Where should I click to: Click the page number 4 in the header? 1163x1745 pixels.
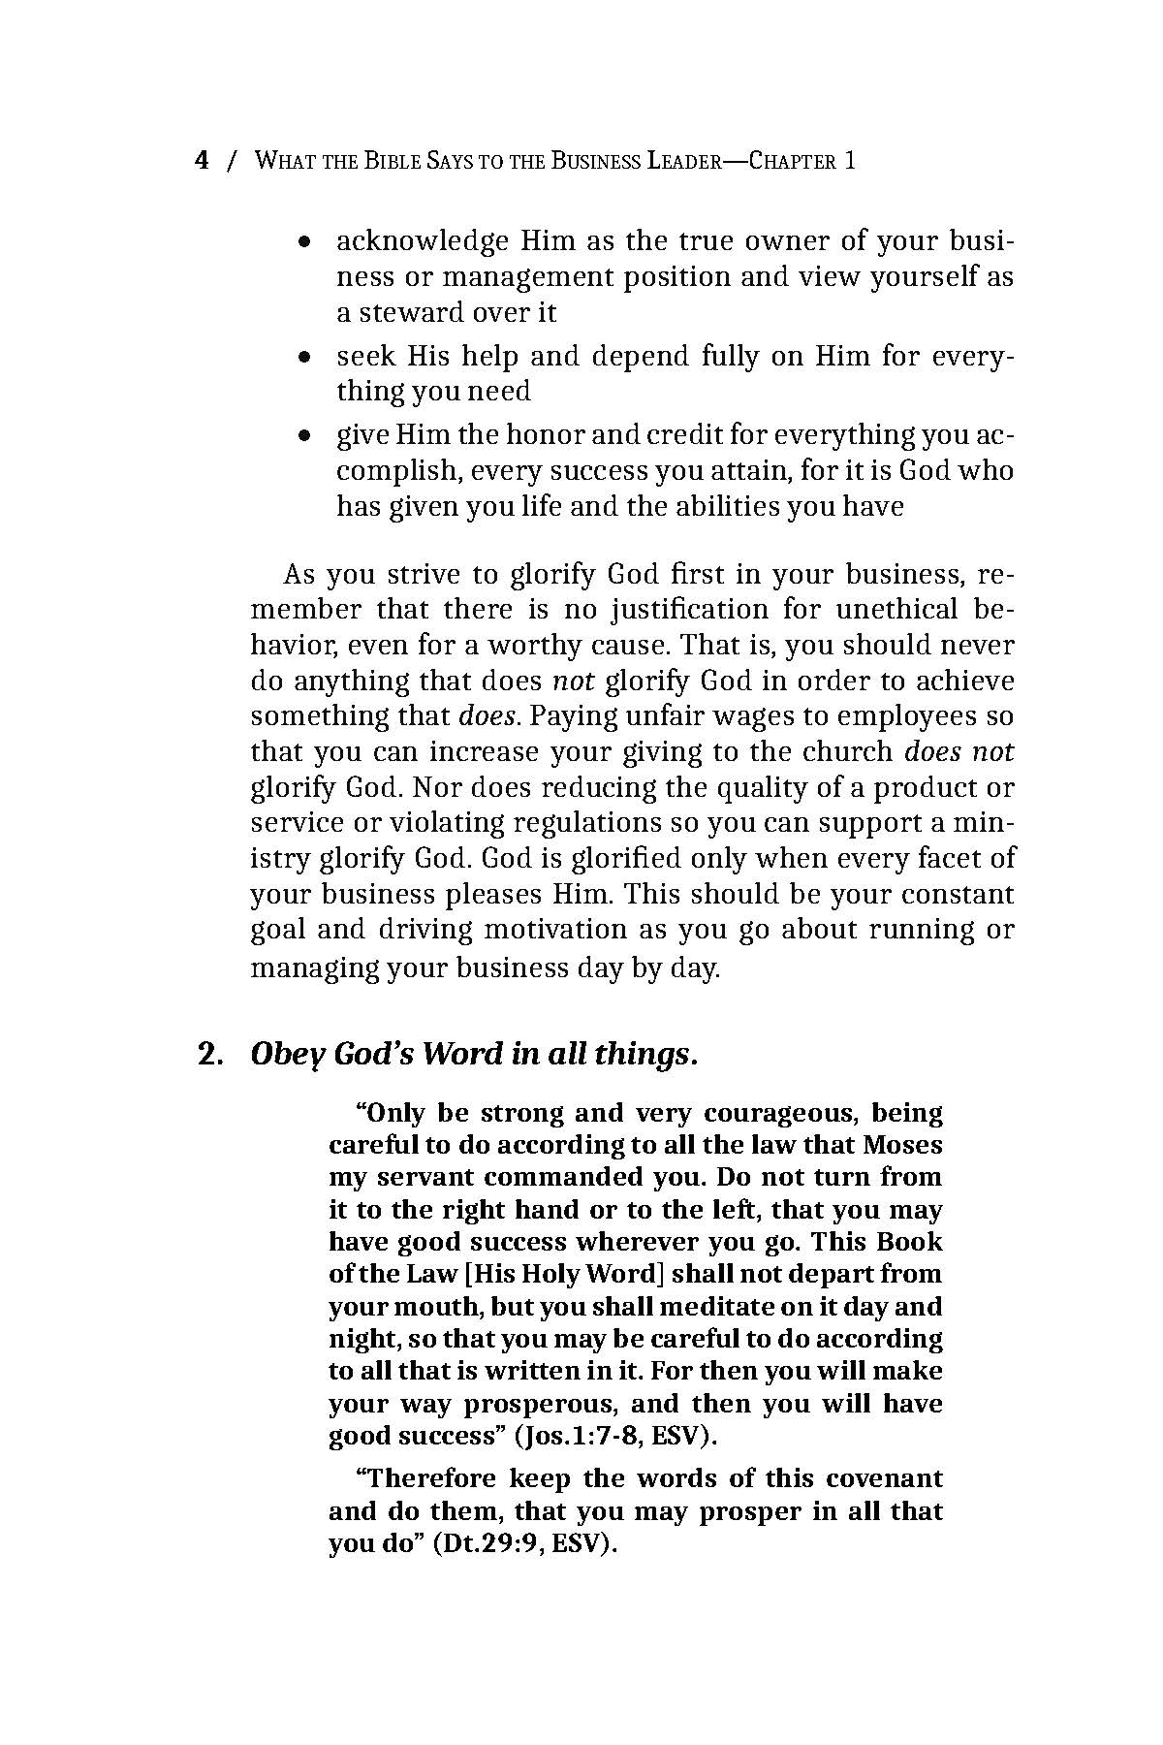pos(202,161)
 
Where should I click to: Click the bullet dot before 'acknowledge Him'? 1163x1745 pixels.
pos(305,241)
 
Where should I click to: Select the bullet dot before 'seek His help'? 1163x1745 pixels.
pos(305,358)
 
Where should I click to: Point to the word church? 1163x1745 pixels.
pos(843,752)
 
